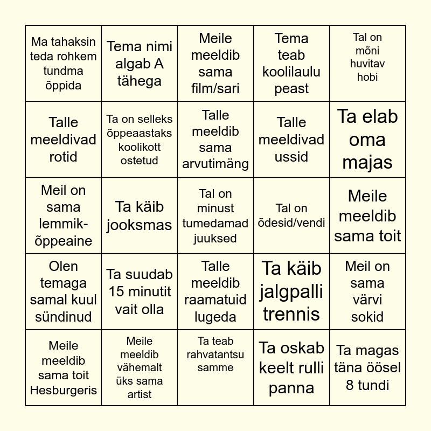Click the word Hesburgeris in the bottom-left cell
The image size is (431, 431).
click(x=63, y=390)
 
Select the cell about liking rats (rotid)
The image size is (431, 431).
click(x=64, y=140)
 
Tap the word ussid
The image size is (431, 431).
click(x=291, y=157)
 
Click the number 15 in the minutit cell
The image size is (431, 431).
click(x=118, y=292)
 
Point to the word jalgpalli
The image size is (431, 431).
click(x=291, y=291)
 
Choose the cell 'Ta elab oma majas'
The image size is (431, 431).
click(x=367, y=140)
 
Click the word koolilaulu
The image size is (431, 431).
click(x=291, y=72)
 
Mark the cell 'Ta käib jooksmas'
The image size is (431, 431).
click(x=140, y=215)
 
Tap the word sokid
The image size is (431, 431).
click(x=367, y=317)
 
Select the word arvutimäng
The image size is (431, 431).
click(x=215, y=164)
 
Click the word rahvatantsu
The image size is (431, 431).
click(x=215, y=354)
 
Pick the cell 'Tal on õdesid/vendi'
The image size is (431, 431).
click(x=291, y=215)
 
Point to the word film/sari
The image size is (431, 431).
click(x=215, y=88)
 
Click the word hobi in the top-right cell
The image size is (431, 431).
click(x=367, y=77)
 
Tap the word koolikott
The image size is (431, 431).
click(x=140, y=147)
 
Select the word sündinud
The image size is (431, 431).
click(x=64, y=317)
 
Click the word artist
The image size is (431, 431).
click(x=140, y=394)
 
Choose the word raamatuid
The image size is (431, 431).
click(x=215, y=300)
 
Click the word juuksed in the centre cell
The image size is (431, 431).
click(x=215, y=238)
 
